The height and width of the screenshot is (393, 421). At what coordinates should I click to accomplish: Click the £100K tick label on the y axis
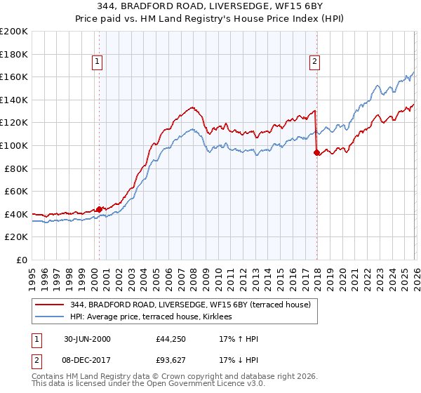click(x=14, y=145)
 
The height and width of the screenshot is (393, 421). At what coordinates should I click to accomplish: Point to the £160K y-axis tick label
click(x=14, y=76)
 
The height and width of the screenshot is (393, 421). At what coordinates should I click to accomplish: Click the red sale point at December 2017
click(x=316, y=152)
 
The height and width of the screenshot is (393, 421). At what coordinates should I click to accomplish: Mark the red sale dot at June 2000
click(x=100, y=208)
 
